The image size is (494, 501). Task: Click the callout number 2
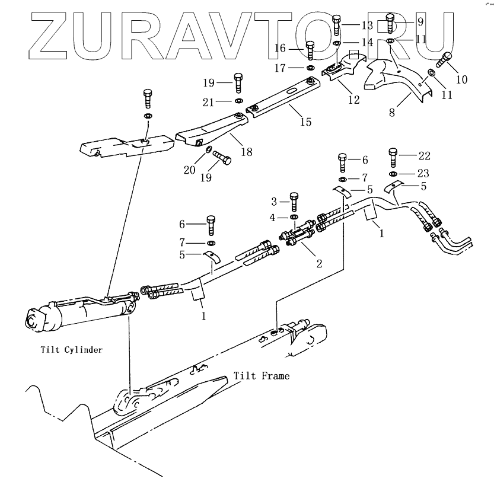click(319, 263)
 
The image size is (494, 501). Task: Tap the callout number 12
click(353, 100)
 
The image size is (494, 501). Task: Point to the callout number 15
click(305, 123)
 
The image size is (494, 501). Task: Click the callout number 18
click(246, 152)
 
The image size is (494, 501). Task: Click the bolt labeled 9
click(390, 24)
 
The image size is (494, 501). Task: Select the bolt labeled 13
click(336, 25)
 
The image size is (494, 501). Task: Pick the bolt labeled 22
click(393, 157)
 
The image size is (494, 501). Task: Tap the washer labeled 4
click(293, 218)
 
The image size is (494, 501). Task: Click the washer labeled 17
click(310, 68)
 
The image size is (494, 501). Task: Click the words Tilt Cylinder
click(72, 350)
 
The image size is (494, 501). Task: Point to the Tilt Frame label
click(262, 376)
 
